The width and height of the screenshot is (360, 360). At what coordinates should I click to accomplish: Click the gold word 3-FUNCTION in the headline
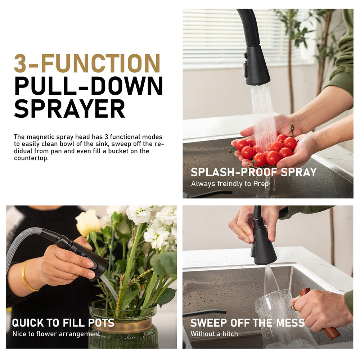click(x=87, y=63)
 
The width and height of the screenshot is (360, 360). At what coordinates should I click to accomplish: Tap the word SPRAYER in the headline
click(x=69, y=109)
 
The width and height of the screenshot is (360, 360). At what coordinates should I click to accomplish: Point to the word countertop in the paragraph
click(x=31, y=158)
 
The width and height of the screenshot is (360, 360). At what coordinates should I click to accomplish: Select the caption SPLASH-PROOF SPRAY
click(x=254, y=172)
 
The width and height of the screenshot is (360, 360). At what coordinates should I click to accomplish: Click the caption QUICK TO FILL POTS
click(x=63, y=323)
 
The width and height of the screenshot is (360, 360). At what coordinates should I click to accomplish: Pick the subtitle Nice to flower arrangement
click(x=56, y=334)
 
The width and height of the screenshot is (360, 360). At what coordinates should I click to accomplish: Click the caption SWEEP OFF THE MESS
click(x=248, y=323)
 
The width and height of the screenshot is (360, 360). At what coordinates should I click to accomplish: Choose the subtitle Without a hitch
click(x=214, y=334)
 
